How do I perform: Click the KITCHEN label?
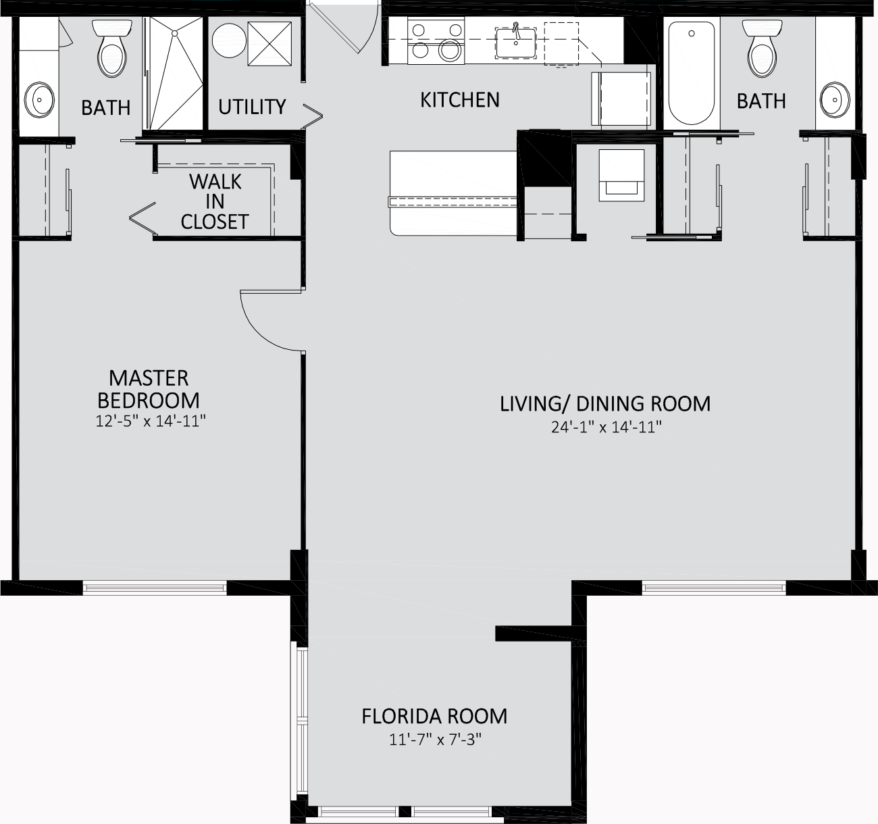click(460, 100)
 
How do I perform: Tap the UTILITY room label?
click(252, 107)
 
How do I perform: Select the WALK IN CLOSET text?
click(215, 202)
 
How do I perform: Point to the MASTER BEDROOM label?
click(149, 389)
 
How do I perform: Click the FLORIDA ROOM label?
click(434, 717)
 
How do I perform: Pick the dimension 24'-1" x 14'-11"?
click(606, 427)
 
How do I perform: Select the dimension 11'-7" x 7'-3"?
click(435, 739)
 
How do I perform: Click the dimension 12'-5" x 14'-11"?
click(151, 421)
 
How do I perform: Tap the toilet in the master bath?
click(112, 49)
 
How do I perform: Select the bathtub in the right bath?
click(692, 74)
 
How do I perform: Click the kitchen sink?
click(516, 43)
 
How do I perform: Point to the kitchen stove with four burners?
click(436, 41)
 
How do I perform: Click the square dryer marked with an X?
click(269, 44)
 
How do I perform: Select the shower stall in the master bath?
click(174, 74)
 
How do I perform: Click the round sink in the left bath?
click(39, 100)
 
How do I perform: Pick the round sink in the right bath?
click(835, 100)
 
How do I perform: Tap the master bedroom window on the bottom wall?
click(155, 588)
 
